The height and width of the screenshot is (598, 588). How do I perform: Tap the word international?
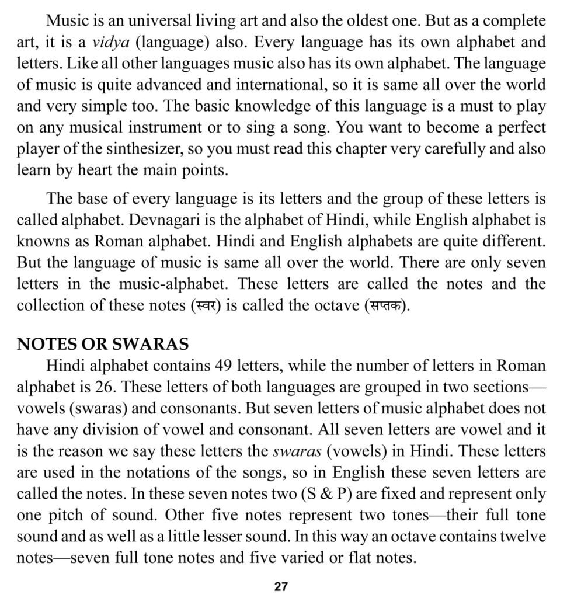point(275,85)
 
